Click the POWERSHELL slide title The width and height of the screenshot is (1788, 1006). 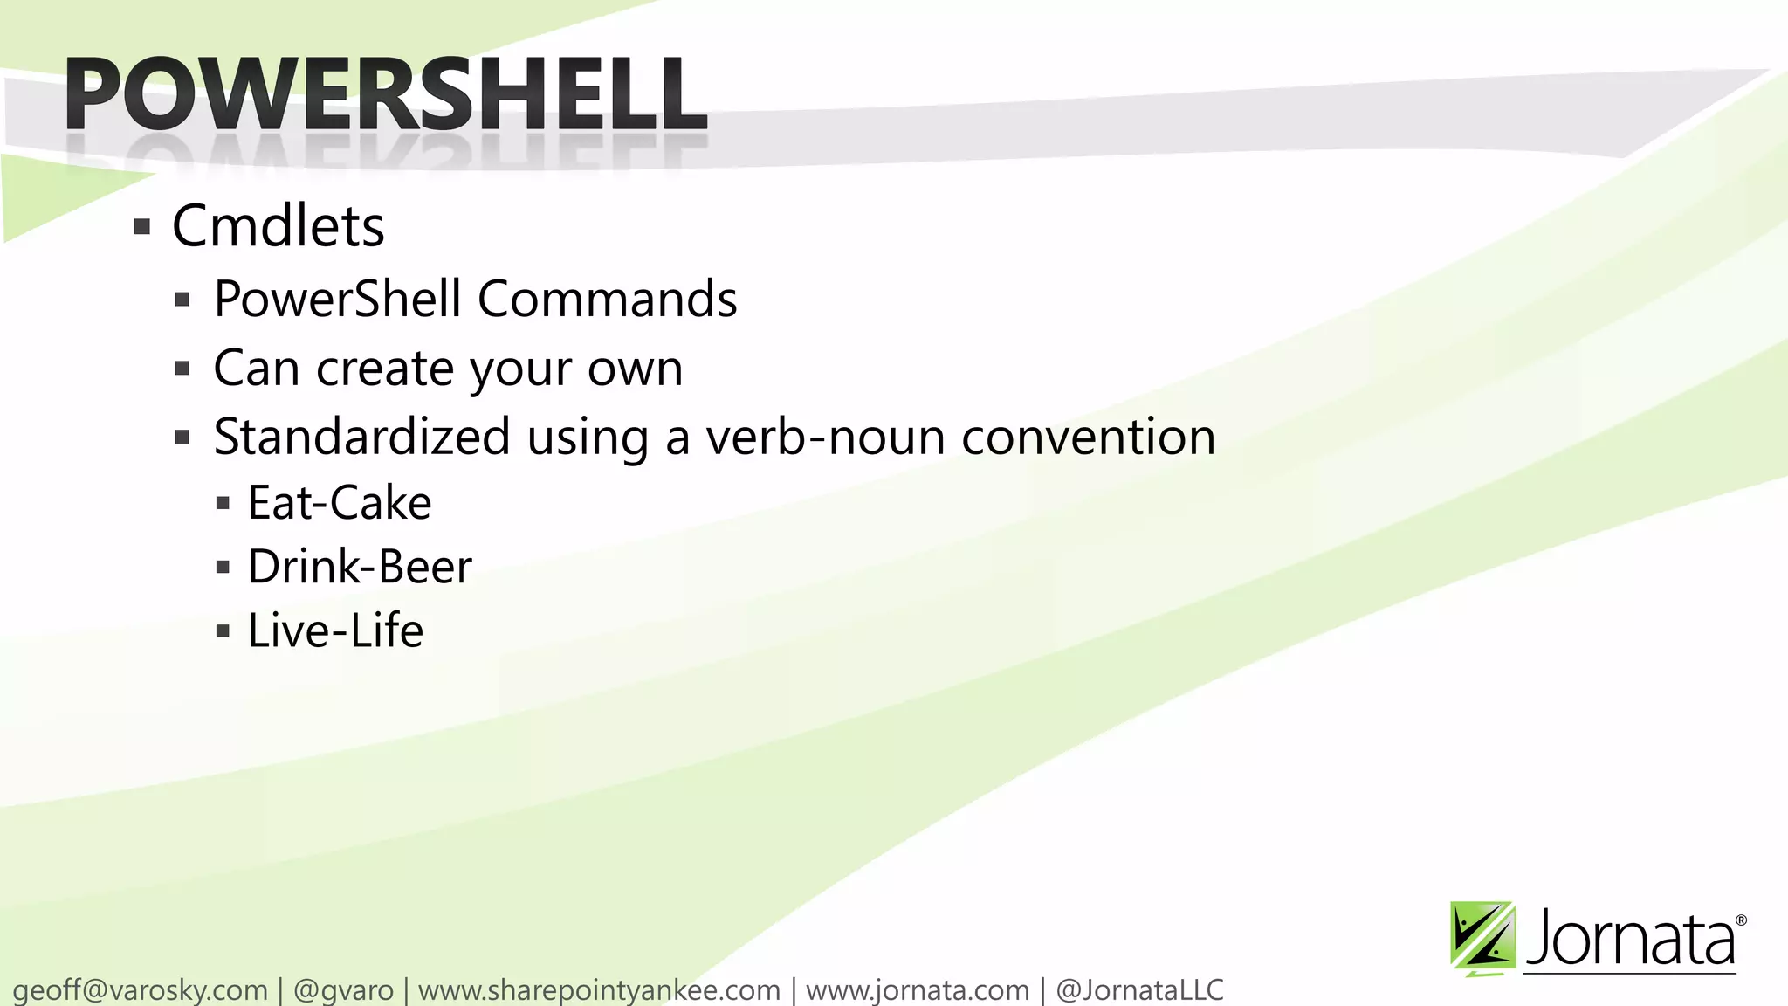point(385,93)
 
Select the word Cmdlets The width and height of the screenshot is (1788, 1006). point(278,226)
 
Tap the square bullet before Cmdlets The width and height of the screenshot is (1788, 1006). point(142,228)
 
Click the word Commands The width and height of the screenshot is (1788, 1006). point(607,299)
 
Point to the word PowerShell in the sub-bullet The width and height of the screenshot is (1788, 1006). point(337,299)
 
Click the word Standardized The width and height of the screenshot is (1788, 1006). point(361,437)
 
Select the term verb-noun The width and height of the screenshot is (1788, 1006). point(825,437)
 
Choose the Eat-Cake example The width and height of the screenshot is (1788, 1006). point(340,503)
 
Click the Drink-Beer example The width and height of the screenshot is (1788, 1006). point(360,567)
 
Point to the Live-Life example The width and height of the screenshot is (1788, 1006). point(335,630)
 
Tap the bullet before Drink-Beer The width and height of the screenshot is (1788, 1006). point(223,568)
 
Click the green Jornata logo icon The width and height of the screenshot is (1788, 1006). point(1482,938)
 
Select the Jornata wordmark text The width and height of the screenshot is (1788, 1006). point(1629,940)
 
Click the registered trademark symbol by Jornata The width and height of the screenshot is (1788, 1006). point(1741,920)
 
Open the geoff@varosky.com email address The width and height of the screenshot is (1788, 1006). point(141,990)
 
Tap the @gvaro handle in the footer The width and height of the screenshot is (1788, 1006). point(343,990)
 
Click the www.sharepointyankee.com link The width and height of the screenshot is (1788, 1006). point(599,990)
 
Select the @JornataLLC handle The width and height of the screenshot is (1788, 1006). point(1139,990)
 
